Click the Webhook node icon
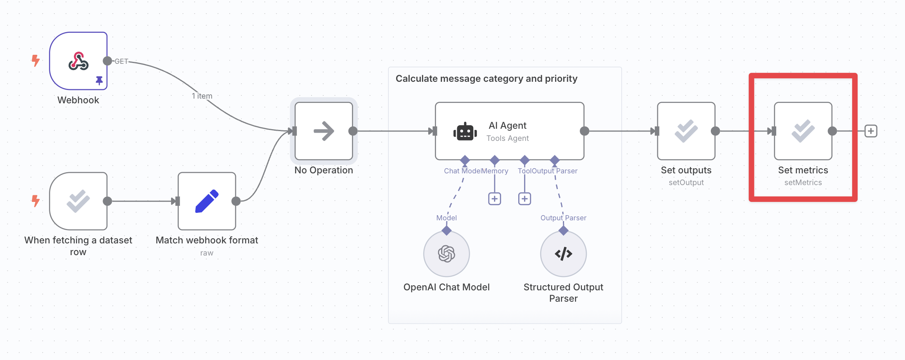click(x=78, y=61)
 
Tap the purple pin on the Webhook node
click(x=99, y=80)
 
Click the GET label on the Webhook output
click(x=121, y=61)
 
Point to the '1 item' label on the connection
click(x=202, y=96)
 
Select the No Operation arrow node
click(x=324, y=131)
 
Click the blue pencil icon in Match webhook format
click(x=207, y=201)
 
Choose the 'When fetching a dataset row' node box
click(x=78, y=201)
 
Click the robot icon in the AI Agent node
click(x=465, y=131)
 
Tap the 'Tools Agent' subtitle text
click(x=507, y=138)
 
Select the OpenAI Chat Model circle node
click(x=446, y=254)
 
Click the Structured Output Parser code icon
click(x=563, y=254)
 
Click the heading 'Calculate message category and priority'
click(x=486, y=79)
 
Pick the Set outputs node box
click(x=686, y=131)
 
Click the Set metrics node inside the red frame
click(x=803, y=131)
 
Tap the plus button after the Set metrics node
click(x=871, y=131)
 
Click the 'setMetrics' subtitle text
click(x=803, y=182)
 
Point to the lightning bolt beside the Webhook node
click(x=36, y=61)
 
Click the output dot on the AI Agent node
click(x=584, y=131)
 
